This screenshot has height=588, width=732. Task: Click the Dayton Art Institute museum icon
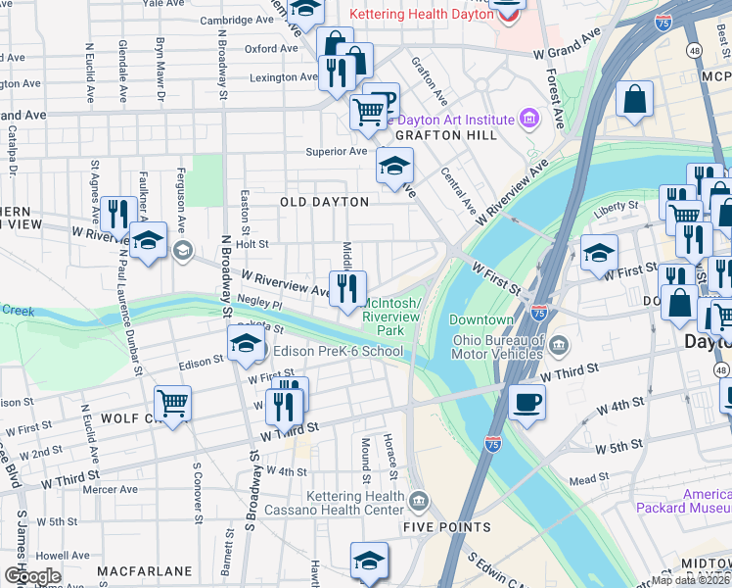point(529,119)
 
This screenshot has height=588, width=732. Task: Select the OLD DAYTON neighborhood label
point(324,202)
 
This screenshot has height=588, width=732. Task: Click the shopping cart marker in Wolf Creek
point(172,403)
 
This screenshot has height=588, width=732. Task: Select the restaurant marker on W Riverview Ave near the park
point(347,289)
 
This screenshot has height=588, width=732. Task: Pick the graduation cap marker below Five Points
point(369,562)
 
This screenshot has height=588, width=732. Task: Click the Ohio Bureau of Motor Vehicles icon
point(558,344)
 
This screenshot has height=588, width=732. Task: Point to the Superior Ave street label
point(336,152)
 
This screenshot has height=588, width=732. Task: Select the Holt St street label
point(252,244)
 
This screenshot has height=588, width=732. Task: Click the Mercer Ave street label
point(110,489)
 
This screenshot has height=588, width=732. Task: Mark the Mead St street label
point(589,480)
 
